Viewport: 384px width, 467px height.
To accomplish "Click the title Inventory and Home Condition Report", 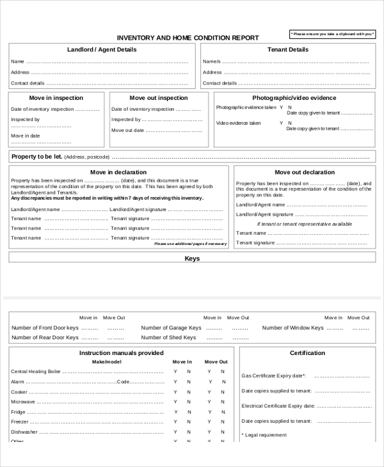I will click(x=188, y=38).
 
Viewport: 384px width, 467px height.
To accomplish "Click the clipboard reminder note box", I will click(x=332, y=34).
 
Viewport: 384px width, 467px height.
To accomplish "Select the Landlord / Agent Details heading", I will click(x=102, y=50).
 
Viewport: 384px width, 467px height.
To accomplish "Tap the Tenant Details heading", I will click(x=287, y=50).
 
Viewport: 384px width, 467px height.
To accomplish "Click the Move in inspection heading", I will click(x=56, y=98).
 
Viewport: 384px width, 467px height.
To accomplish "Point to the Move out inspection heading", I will click(x=159, y=98).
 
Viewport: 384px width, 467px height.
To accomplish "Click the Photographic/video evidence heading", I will click(x=294, y=98).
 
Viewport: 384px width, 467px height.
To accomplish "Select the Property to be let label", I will click(x=37, y=157).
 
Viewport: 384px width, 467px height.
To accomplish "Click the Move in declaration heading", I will click(x=118, y=172).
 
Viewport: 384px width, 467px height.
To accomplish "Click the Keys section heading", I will click(x=192, y=258).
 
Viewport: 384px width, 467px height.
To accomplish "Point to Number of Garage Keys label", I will click(x=171, y=328).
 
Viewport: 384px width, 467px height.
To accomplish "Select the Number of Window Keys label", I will click(x=293, y=328).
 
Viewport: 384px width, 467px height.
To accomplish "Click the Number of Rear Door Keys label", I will click(x=45, y=337).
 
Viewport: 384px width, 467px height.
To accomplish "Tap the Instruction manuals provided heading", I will click(x=121, y=352).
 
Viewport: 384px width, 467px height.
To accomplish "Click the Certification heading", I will click(x=307, y=352).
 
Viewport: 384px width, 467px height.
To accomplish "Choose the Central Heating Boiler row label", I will click(x=36, y=371).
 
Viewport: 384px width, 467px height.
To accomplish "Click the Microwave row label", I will click(x=23, y=402).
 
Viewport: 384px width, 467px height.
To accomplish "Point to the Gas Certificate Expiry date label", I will click(x=273, y=376).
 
